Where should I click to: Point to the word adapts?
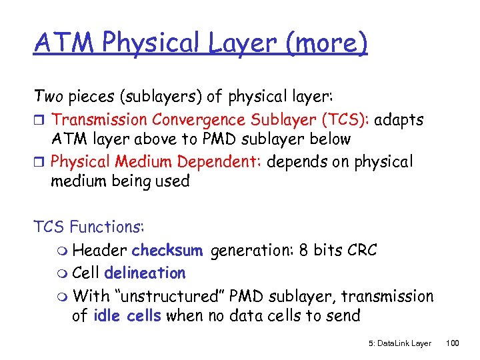tap(399, 120)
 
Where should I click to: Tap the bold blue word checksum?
tap(167, 251)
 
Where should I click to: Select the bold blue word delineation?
tap(145, 273)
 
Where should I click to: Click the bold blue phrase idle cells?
tap(126, 315)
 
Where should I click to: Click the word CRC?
tap(361, 251)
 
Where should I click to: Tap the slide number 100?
tap(453, 343)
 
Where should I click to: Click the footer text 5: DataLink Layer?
tap(399, 343)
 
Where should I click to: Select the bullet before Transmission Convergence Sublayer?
tap(40, 121)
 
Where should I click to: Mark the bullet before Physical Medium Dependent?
tap(40, 163)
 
